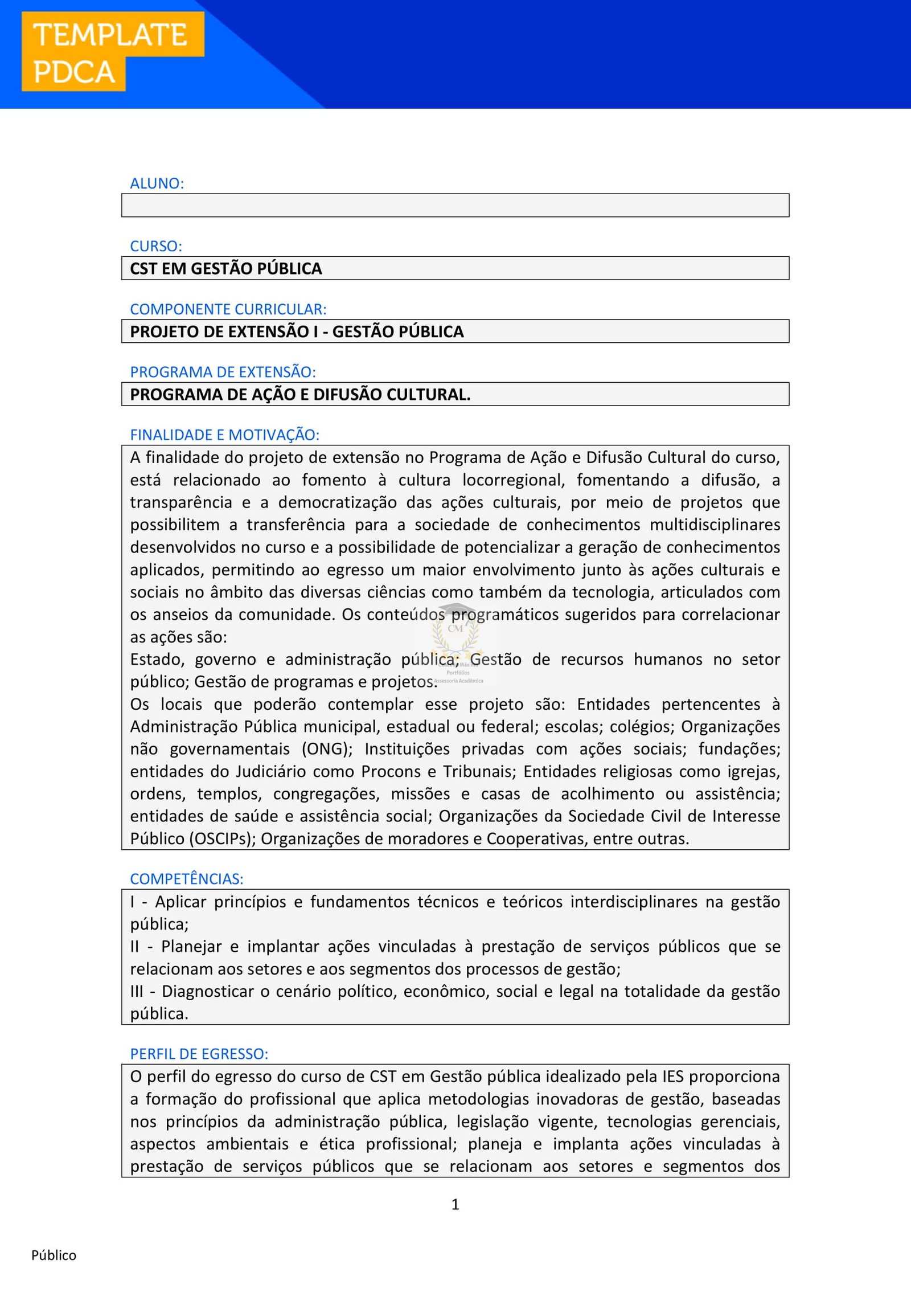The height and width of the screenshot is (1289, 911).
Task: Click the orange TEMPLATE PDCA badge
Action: pyautogui.click(x=112, y=51)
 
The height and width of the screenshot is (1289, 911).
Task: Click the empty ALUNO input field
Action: pyautogui.click(x=455, y=205)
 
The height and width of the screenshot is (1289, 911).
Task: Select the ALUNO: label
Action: pyautogui.click(x=157, y=183)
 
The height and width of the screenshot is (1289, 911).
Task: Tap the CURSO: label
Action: pyautogui.click(x=156, y=246)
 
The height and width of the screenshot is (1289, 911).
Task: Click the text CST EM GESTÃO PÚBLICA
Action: pyautogui.click(x=226, y=268)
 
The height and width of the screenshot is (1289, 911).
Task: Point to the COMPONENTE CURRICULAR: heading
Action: pyautogui.click(x=228, y=309)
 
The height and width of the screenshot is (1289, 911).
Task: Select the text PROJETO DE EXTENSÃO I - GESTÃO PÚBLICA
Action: pyautogui.click(x=297, y=332)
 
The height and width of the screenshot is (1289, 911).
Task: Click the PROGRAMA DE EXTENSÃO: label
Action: pyautogui.click(x=223, y=372)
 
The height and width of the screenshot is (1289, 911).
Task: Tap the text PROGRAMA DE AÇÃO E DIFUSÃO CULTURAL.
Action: pyautogui.click(x=300, y=394)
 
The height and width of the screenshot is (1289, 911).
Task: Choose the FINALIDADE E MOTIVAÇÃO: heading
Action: pyautogui.click(x=225, y=435)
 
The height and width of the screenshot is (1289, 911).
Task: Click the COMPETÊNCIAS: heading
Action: pyautogui.click(x=187, y=879)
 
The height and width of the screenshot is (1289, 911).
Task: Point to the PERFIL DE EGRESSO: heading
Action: pyautogui.click(x=199, y=1054)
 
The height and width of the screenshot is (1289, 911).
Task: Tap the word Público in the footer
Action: pyautogui.click(x=54, y=1255)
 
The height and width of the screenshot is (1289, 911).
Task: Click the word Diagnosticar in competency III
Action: pyautogui.click(x=208, y=992)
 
